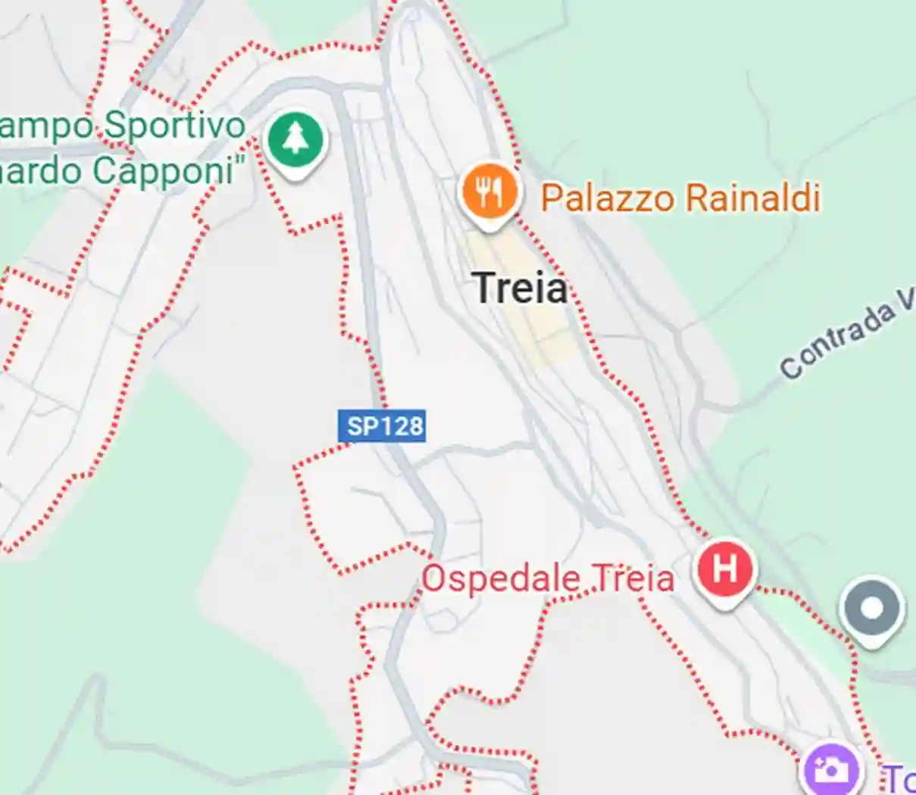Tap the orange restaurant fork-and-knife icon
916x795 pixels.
pos(490,193)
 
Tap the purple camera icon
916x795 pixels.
pos(833,771)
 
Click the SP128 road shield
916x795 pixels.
pos(381,426)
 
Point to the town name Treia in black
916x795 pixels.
pos(521,288)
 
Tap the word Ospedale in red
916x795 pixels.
pos(501,579)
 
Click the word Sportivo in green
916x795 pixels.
pos(174,126)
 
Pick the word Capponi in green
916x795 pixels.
pos(163,171)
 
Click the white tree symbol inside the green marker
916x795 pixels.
pos(295,139)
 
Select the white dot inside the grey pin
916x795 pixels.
pos(871,607)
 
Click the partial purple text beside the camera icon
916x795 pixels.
pos(900,778)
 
